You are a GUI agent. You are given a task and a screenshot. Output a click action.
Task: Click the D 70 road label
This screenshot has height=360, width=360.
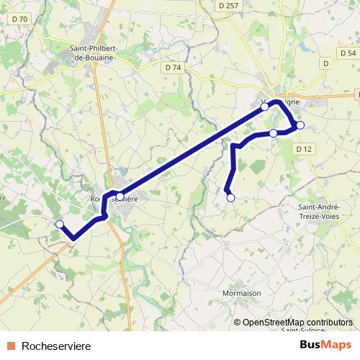point(21,19)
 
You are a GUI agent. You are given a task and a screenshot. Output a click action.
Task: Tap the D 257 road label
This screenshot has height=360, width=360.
point(227,5)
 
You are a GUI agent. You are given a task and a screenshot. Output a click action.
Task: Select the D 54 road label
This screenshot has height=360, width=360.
point(347,53)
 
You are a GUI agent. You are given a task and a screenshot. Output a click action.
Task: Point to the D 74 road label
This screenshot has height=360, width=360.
point(173,67)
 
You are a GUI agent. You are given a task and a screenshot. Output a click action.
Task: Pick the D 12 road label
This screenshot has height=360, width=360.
point(305,148)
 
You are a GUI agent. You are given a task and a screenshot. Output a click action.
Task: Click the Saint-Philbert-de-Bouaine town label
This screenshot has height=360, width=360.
point(94,54)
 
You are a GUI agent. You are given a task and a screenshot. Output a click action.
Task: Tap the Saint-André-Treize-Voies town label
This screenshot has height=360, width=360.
point(325,213)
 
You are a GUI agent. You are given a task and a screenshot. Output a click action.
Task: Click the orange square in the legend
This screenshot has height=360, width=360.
point(11,346)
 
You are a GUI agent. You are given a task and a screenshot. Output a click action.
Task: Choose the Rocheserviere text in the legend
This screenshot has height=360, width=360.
point(56,346)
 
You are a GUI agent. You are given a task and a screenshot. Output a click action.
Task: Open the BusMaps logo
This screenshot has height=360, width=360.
point(325,345)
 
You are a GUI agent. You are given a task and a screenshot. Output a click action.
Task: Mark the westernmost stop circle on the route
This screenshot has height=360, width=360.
point(60,224)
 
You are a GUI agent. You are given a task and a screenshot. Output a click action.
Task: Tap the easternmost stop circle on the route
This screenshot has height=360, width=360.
point(300,125)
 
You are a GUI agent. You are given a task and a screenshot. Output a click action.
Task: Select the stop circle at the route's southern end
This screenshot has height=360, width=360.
point(230,197)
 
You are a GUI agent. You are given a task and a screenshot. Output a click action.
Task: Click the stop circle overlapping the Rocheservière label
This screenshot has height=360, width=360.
point(120,194)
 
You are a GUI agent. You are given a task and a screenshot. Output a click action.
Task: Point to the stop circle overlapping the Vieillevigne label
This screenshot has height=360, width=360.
point(264,107)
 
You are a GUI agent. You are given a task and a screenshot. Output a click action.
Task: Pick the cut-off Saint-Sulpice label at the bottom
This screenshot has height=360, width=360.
point(302,330)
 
